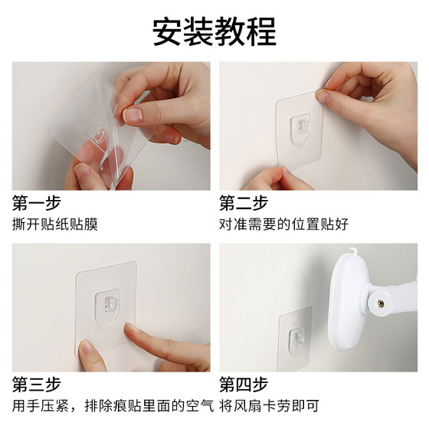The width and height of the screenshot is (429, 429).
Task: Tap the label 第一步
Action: (x=36, y=203)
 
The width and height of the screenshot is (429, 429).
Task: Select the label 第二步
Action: (x=244, y=203)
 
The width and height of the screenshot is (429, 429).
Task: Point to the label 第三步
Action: (x=36, y=383)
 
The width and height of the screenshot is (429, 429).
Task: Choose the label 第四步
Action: (x=244, y=383)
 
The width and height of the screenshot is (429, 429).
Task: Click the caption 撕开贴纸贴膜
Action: (x=55, y=224)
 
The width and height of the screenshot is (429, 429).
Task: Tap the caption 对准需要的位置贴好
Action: (x=283, y=224)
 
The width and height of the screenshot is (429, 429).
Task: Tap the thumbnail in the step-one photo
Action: (x=133, y=115)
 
